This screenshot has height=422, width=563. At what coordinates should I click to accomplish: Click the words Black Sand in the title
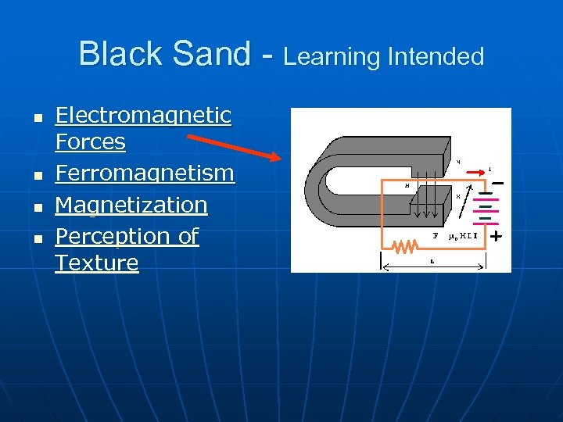click(x=164, y=54)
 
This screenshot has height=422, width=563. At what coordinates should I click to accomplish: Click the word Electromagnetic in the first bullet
click(x=143, y=116)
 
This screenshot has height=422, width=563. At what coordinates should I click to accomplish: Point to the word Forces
click(x=90, y=142)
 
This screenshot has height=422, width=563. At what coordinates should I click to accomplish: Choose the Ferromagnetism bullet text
click(x=145, y=173)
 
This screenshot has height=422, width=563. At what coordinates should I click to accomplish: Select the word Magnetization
click(x=131, y=205)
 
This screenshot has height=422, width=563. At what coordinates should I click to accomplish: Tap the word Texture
click(x=96, y=263)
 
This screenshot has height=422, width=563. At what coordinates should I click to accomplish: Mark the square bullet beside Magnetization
click(x=36, y=207)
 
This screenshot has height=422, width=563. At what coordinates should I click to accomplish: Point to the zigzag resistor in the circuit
click(x=404, y=247)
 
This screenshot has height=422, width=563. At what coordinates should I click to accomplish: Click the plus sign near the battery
click(x=495, y=234)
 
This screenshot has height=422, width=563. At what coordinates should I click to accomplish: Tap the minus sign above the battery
click(x=497, y=184)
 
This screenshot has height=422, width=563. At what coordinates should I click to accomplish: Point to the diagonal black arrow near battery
click(x=464, y=202)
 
